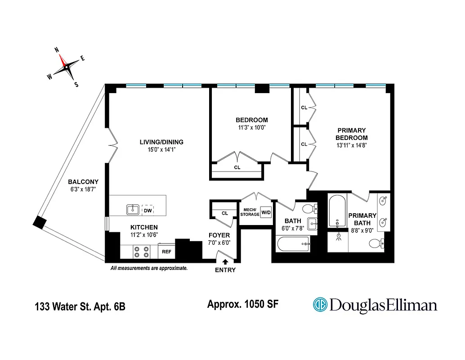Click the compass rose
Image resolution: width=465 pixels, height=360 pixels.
(66, 67)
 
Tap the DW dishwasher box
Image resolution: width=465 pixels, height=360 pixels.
(148, 211)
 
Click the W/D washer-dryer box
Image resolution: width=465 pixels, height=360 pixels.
(266, 212)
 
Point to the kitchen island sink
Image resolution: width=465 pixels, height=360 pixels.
(133, 209)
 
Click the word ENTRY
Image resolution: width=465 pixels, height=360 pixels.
(225, 270)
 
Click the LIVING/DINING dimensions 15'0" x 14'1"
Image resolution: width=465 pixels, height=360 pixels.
(161, 150)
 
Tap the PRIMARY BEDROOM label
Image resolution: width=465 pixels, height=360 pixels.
(352, 134)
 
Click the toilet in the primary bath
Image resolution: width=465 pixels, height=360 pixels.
(375, 244)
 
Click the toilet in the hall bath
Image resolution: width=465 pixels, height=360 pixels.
(309, 209)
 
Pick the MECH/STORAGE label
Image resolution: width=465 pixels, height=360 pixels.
(250, 212)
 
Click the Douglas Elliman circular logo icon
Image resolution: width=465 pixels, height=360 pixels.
(320, 305)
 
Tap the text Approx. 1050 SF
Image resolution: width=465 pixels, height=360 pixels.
(242, 304)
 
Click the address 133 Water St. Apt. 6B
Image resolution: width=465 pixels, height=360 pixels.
(80, 307)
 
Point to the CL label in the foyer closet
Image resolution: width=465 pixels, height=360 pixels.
(225, 213)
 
